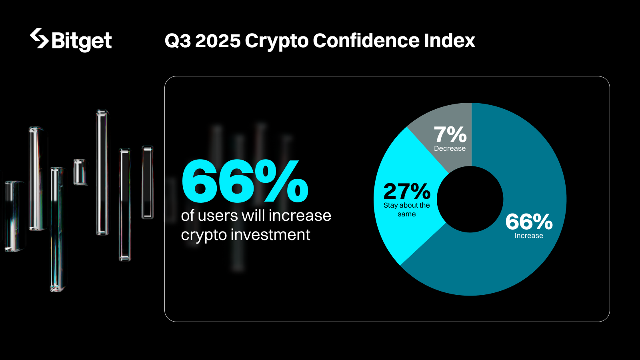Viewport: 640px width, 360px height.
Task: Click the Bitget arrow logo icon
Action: coord(39,38)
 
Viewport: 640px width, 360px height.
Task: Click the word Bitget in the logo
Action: coord(82,41)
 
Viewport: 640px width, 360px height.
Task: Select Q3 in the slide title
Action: coord(178,41)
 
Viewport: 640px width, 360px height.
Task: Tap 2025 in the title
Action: coord(218,41)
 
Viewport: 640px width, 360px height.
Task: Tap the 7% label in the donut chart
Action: coord(450,134)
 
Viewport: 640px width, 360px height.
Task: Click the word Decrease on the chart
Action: coord(450,148)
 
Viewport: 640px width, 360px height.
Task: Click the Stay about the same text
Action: coord(406,210)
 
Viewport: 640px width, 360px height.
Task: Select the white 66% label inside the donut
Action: coord(529,222)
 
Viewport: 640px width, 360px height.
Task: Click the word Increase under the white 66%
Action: coord(529,236)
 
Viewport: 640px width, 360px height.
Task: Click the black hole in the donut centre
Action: coord(470,199)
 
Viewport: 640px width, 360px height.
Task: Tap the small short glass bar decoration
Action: coord(80,172)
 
